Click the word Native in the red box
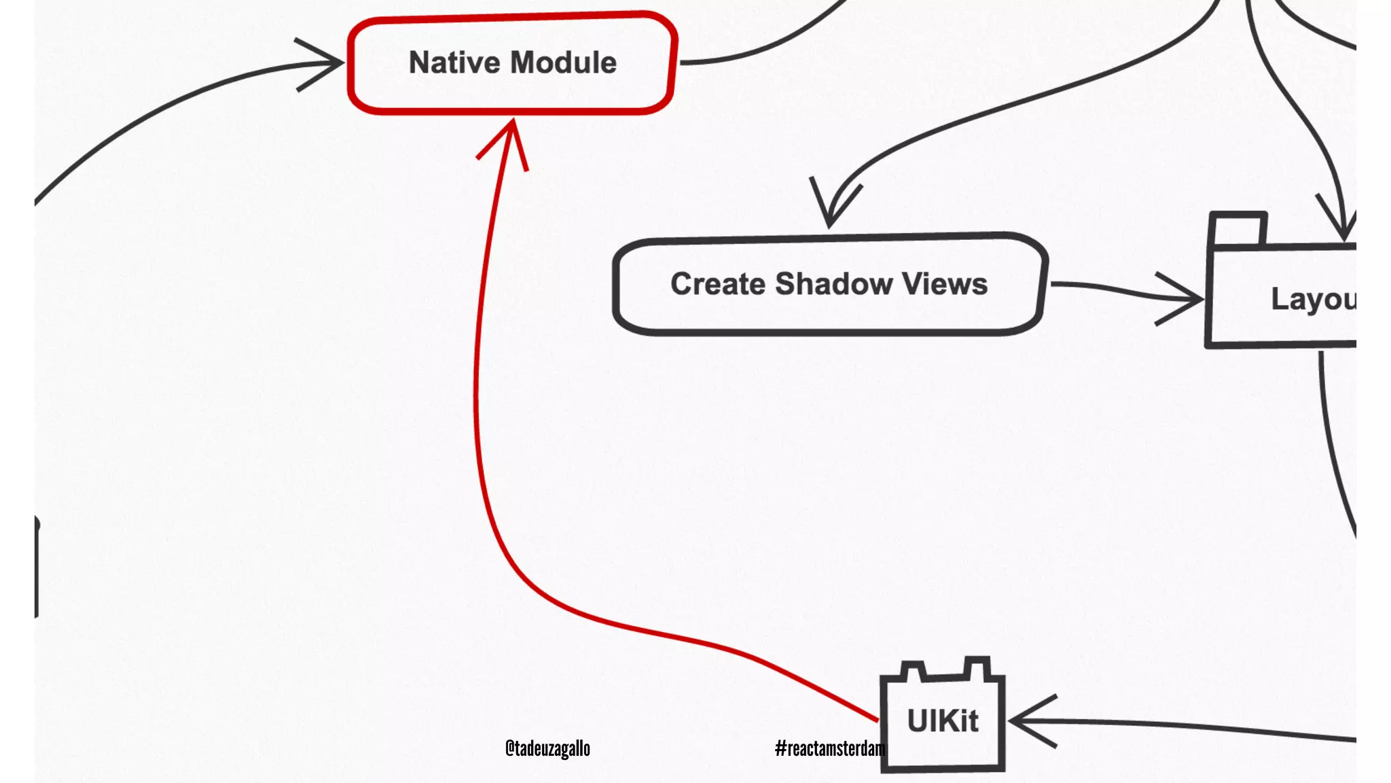click(x=454, y=63)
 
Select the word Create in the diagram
click(x=718, y=284)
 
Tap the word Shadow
click(x=834, y=284)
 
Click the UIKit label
click(x=943, y=721)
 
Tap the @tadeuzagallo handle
click(x=547, y=748)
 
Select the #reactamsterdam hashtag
click(x=830, y=748)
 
